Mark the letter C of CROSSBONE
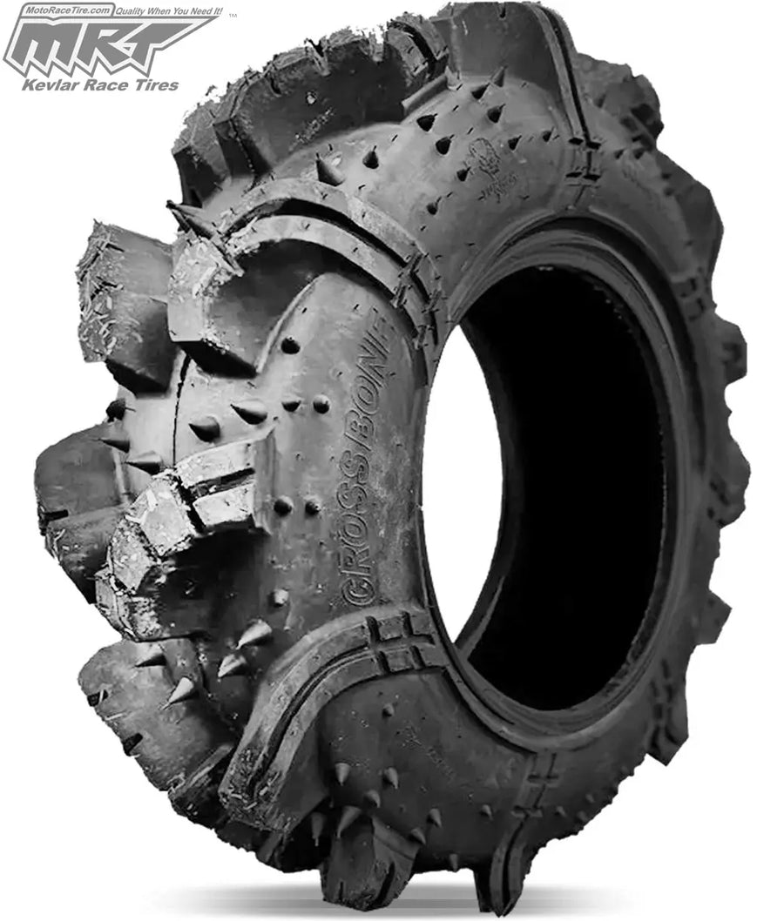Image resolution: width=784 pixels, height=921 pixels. [357, 592]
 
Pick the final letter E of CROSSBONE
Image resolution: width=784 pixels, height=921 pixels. [380, 326]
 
